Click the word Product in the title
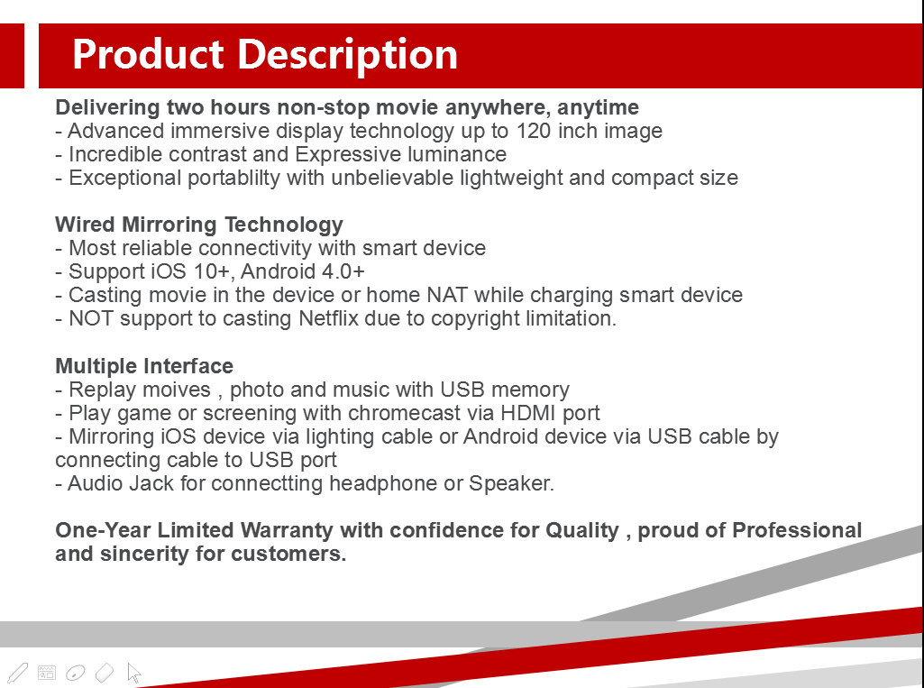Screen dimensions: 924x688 [148, 54]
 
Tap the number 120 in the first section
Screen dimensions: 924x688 [534, 131]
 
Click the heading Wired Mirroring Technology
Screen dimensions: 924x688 [199, 225]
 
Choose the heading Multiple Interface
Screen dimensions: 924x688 [144, 366]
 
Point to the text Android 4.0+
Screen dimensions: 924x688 [303, 271]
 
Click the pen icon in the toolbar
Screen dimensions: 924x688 [18, 673]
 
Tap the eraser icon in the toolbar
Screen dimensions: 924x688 [105, 672]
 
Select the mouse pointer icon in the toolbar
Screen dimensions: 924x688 [133, 673]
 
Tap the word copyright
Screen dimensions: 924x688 [476, 318]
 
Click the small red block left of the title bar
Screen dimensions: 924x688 [12, 56]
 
